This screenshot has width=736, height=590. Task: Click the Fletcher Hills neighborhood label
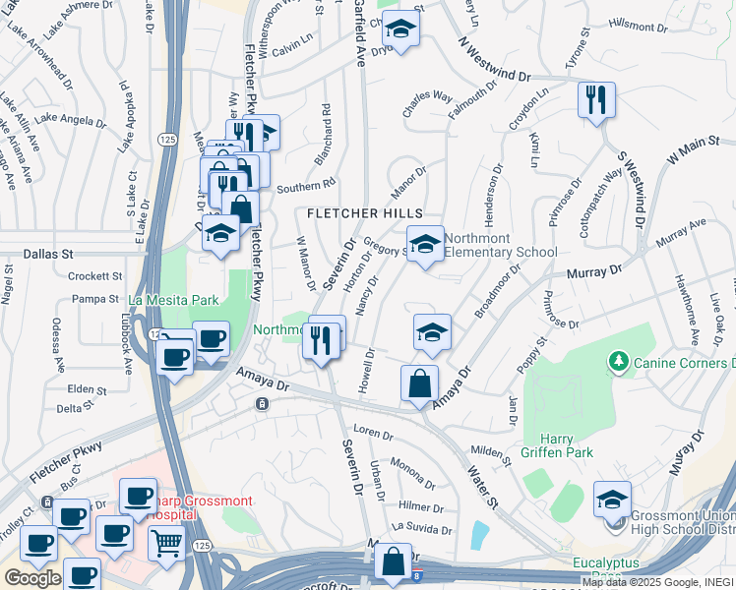click(x=364, y=213)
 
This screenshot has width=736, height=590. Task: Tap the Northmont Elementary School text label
click(x=500, y=245)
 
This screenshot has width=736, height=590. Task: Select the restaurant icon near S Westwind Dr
click(x=596, y=99)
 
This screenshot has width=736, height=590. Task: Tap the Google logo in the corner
click(x=31, y=578)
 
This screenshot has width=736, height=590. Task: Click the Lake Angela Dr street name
click(x=70, y=120)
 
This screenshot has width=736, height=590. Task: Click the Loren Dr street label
click(x=373, y=433)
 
